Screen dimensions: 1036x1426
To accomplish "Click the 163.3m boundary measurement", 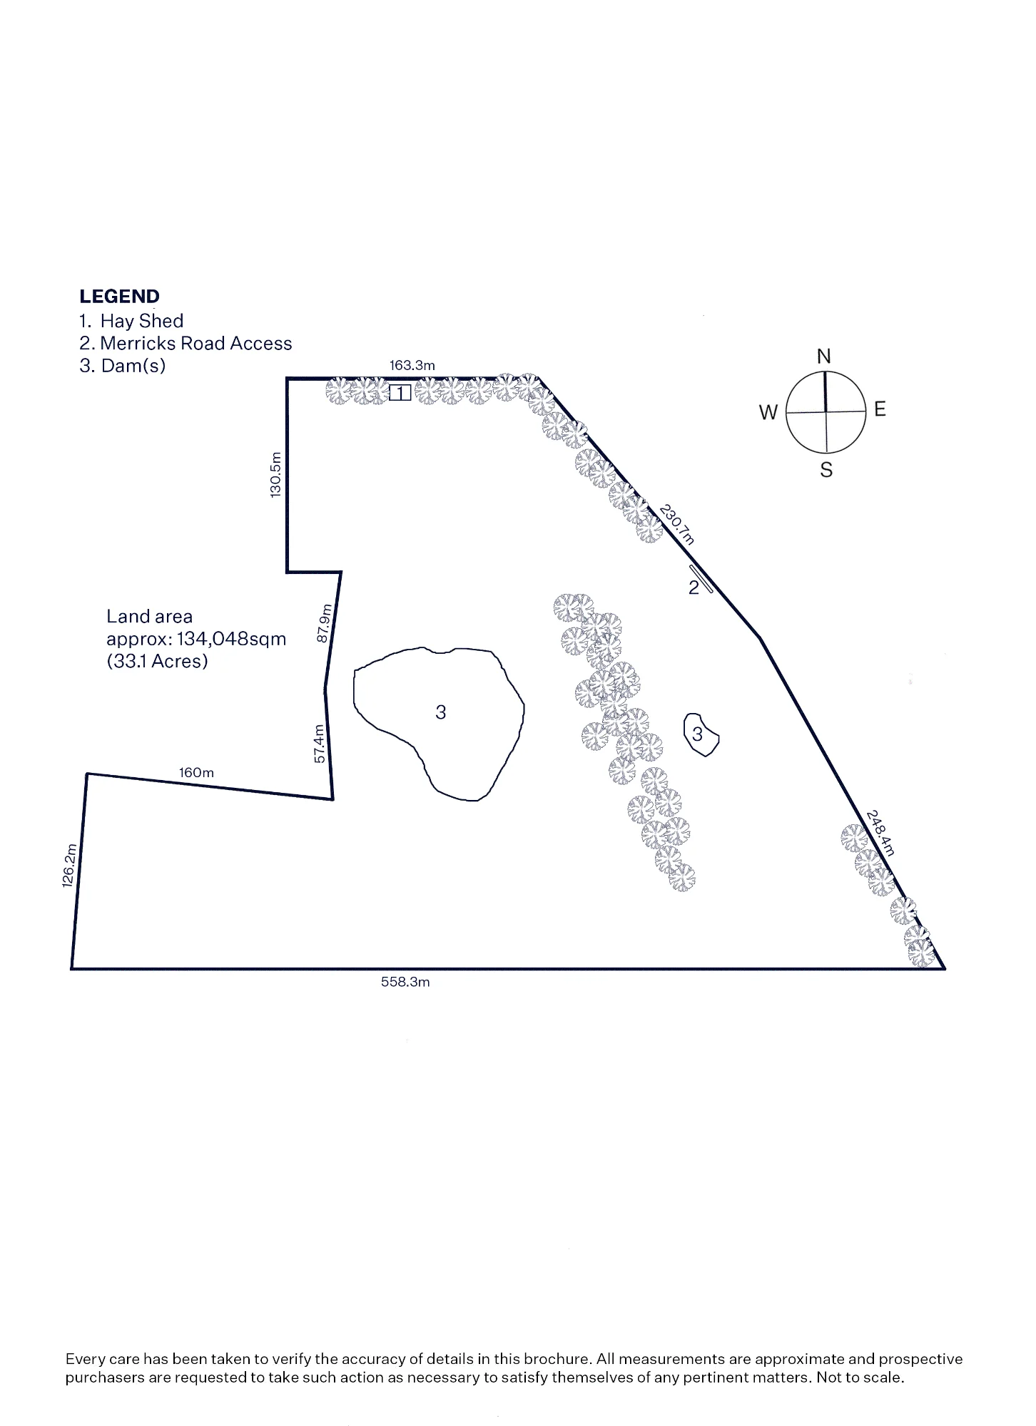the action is click(412, 366).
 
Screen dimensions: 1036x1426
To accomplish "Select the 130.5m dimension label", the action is click(276, 475).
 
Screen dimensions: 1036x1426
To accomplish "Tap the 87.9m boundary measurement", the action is click(324, 623).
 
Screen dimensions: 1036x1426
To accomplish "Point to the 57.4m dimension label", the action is click(320, 744).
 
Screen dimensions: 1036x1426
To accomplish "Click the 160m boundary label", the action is click(196, 773).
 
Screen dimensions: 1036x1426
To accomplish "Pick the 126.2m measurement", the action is click(69, 866).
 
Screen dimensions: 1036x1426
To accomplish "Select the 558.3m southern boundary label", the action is click(405, 982).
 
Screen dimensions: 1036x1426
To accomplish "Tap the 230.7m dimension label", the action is click(676, 524).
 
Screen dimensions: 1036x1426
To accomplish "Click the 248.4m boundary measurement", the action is click(880, 832).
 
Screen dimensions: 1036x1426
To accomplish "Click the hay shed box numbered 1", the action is click(400, 393).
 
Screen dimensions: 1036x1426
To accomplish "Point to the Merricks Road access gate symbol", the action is click(701, 579).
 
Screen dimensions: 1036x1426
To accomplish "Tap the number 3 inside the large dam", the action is click(441, 712).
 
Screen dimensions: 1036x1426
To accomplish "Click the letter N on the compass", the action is click(824, 356).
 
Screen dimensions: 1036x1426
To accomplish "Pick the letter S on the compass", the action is click(826, 470).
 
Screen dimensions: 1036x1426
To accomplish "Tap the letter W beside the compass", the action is click(768, 412).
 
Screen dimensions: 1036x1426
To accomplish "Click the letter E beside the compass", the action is click(880, 409).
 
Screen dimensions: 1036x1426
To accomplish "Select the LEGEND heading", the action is click(120, 297).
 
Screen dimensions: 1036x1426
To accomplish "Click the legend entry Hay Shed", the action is click(142, 321).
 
